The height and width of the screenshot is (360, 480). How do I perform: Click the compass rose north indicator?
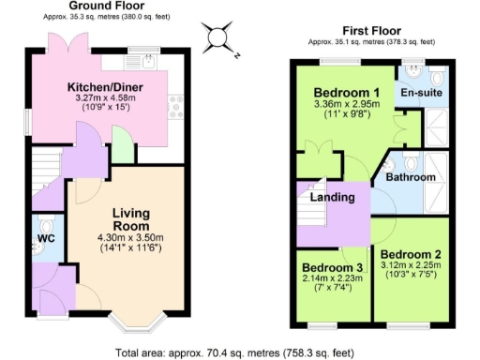tap(217, 37)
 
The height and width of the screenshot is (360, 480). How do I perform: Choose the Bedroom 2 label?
tap(412, 254)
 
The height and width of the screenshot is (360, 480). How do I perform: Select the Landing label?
tap(332, 198)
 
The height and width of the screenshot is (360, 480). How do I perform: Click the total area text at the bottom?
tap(234, 352)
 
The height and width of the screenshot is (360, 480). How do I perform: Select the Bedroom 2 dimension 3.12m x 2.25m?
tap(412, 266)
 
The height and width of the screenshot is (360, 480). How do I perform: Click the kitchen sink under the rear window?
tap(143, 62)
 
